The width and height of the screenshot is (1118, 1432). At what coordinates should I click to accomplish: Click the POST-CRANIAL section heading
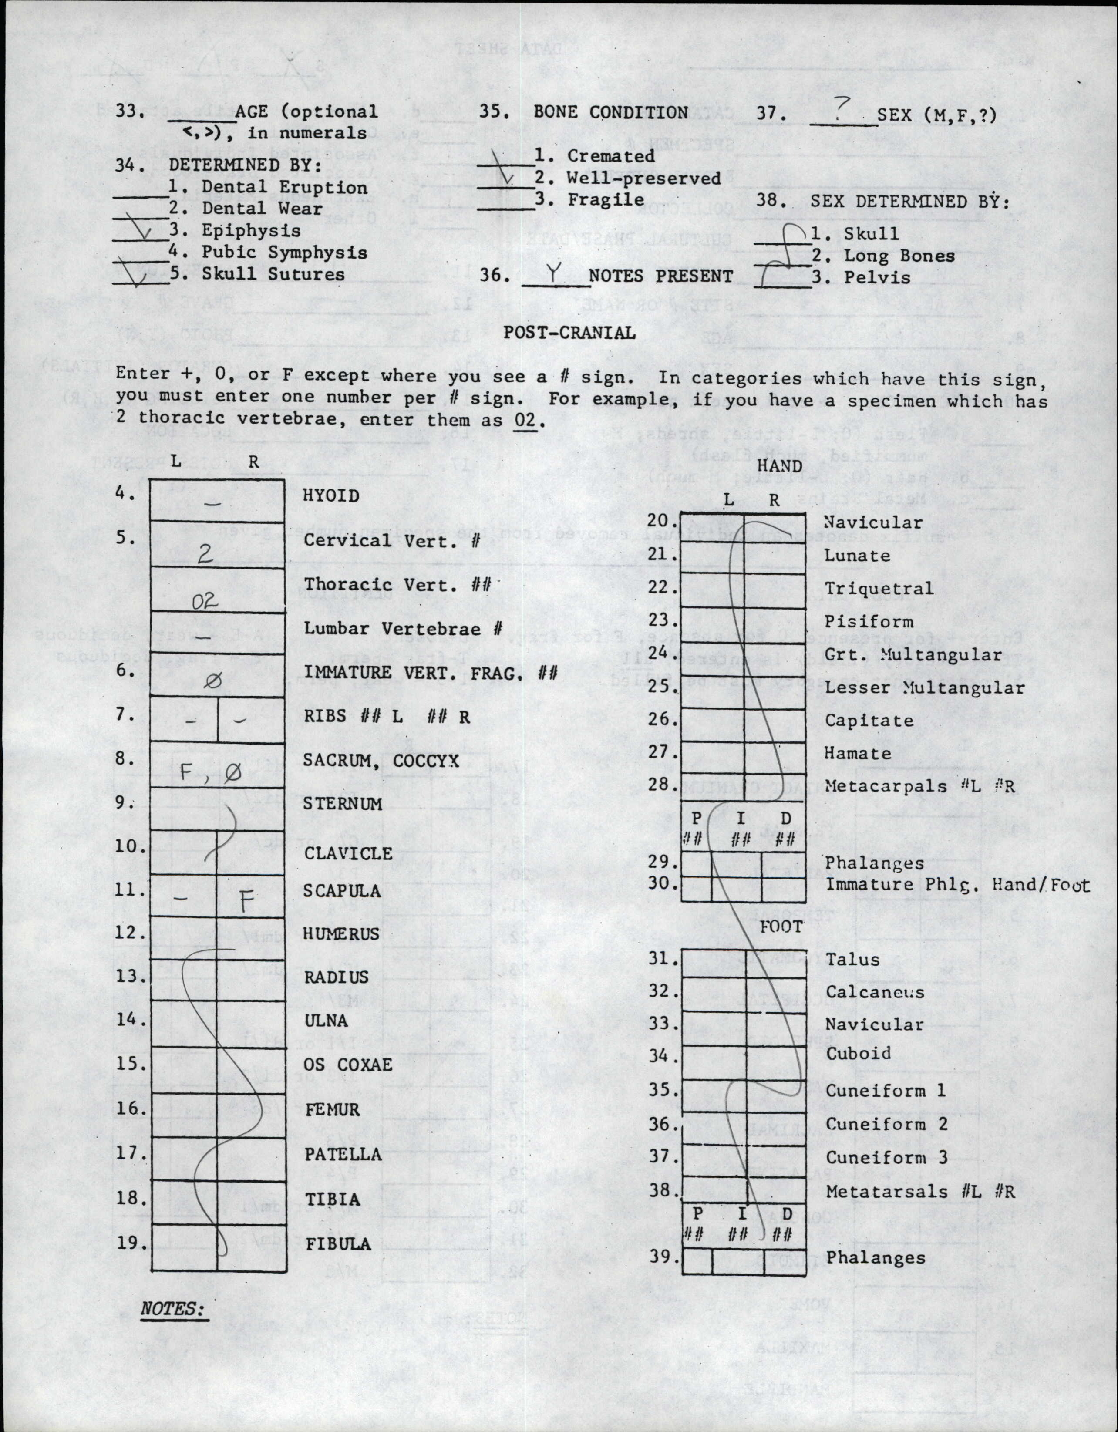tap(569, 333)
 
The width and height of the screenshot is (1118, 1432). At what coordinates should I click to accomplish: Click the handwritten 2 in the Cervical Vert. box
tap(205, 554)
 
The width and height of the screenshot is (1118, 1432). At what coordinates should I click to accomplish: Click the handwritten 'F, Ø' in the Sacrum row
tap(210, 774)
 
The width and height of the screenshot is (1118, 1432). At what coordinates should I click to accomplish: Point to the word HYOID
tap(331, 495)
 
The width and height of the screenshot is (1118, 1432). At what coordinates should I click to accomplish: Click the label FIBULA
tap(338, 1244)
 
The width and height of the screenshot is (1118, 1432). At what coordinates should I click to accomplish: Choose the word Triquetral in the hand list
tap(878, 588)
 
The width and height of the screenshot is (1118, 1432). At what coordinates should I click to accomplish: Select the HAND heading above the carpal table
tap(780, 466)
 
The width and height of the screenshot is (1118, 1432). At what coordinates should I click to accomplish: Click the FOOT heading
tap(781, 927)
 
